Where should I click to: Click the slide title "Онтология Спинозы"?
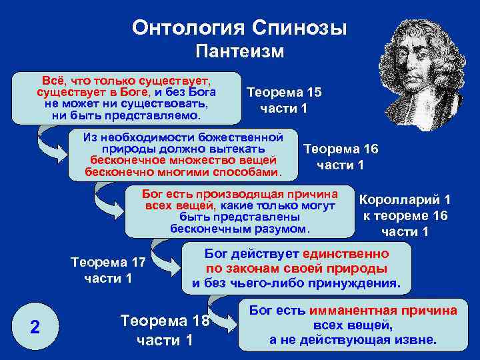tap(239, 28)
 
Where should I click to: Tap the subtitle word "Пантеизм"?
tap(239, 51)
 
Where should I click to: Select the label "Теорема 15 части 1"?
tap(283, 100)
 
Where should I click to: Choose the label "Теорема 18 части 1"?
tap(164, 330)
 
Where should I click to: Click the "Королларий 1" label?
tap(405, 199)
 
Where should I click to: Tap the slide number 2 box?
tap(35, 327)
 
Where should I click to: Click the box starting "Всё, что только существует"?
tap(127, 98)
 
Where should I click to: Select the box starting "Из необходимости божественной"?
tap(181, 155)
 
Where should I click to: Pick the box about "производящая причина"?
tap(240, 211)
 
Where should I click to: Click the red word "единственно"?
tap(345, 254)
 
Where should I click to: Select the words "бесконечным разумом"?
tap(240, 228)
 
